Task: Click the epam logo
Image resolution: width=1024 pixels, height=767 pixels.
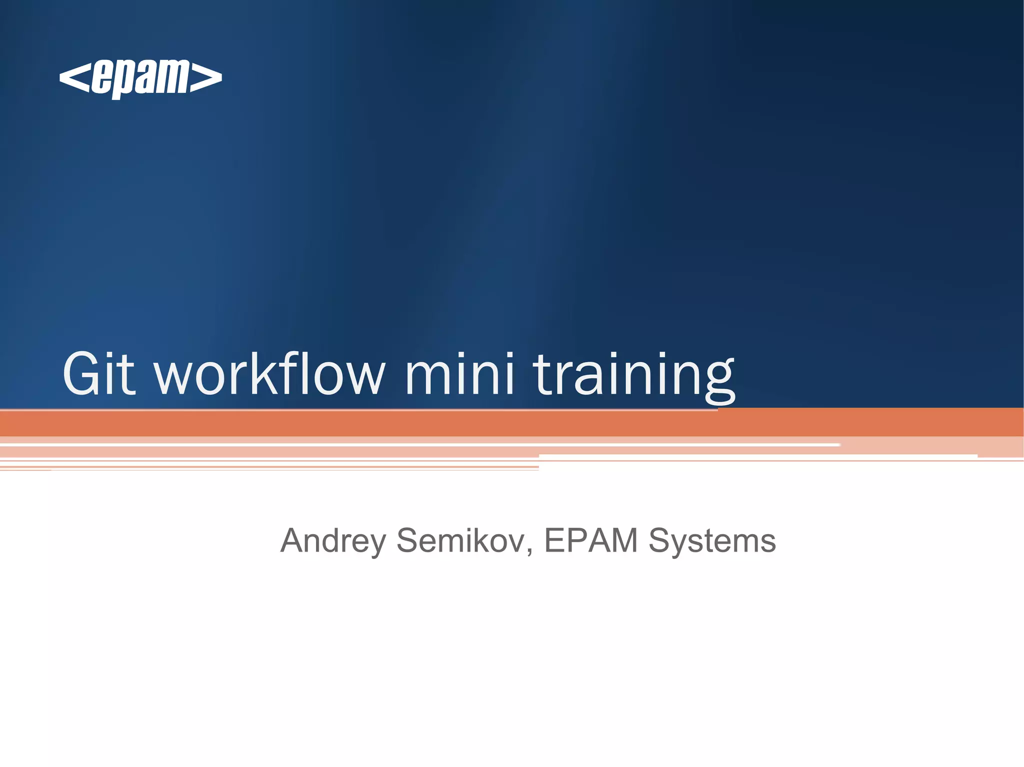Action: pos(140,78)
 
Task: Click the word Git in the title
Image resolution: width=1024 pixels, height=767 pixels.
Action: pos(98,374)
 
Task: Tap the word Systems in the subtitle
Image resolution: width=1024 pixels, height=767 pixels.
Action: pos(712,541)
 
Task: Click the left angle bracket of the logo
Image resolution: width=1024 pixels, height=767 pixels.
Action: pos(74,78)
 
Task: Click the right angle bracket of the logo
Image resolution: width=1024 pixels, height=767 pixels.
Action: pos(206,78)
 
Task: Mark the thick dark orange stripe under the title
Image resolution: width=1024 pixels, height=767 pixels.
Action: pos(512,423)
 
